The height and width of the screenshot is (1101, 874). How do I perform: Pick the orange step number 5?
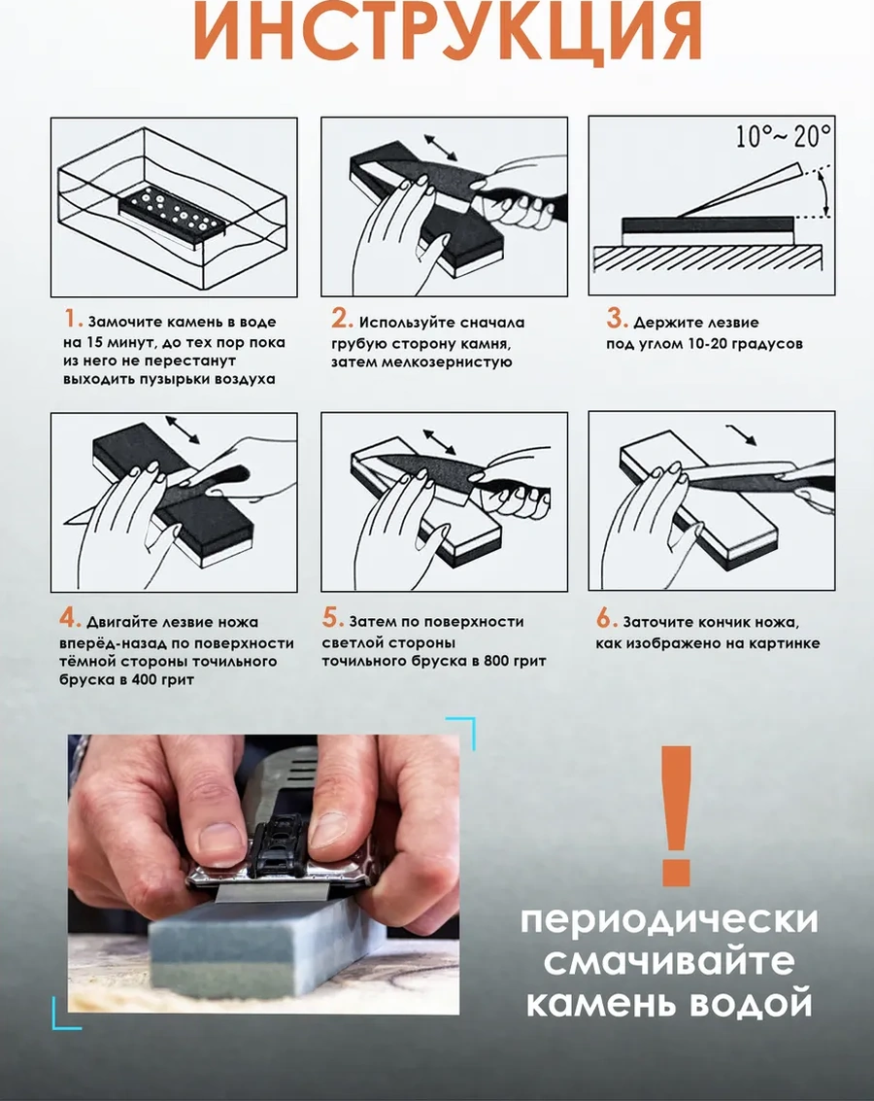point(331,619)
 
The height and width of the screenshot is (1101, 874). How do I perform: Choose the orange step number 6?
point(605,619)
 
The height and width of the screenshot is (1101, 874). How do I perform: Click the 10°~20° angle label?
point(783,135)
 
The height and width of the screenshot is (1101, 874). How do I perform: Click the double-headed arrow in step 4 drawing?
point(183,430)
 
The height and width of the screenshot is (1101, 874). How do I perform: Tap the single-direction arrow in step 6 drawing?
point(742,435)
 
